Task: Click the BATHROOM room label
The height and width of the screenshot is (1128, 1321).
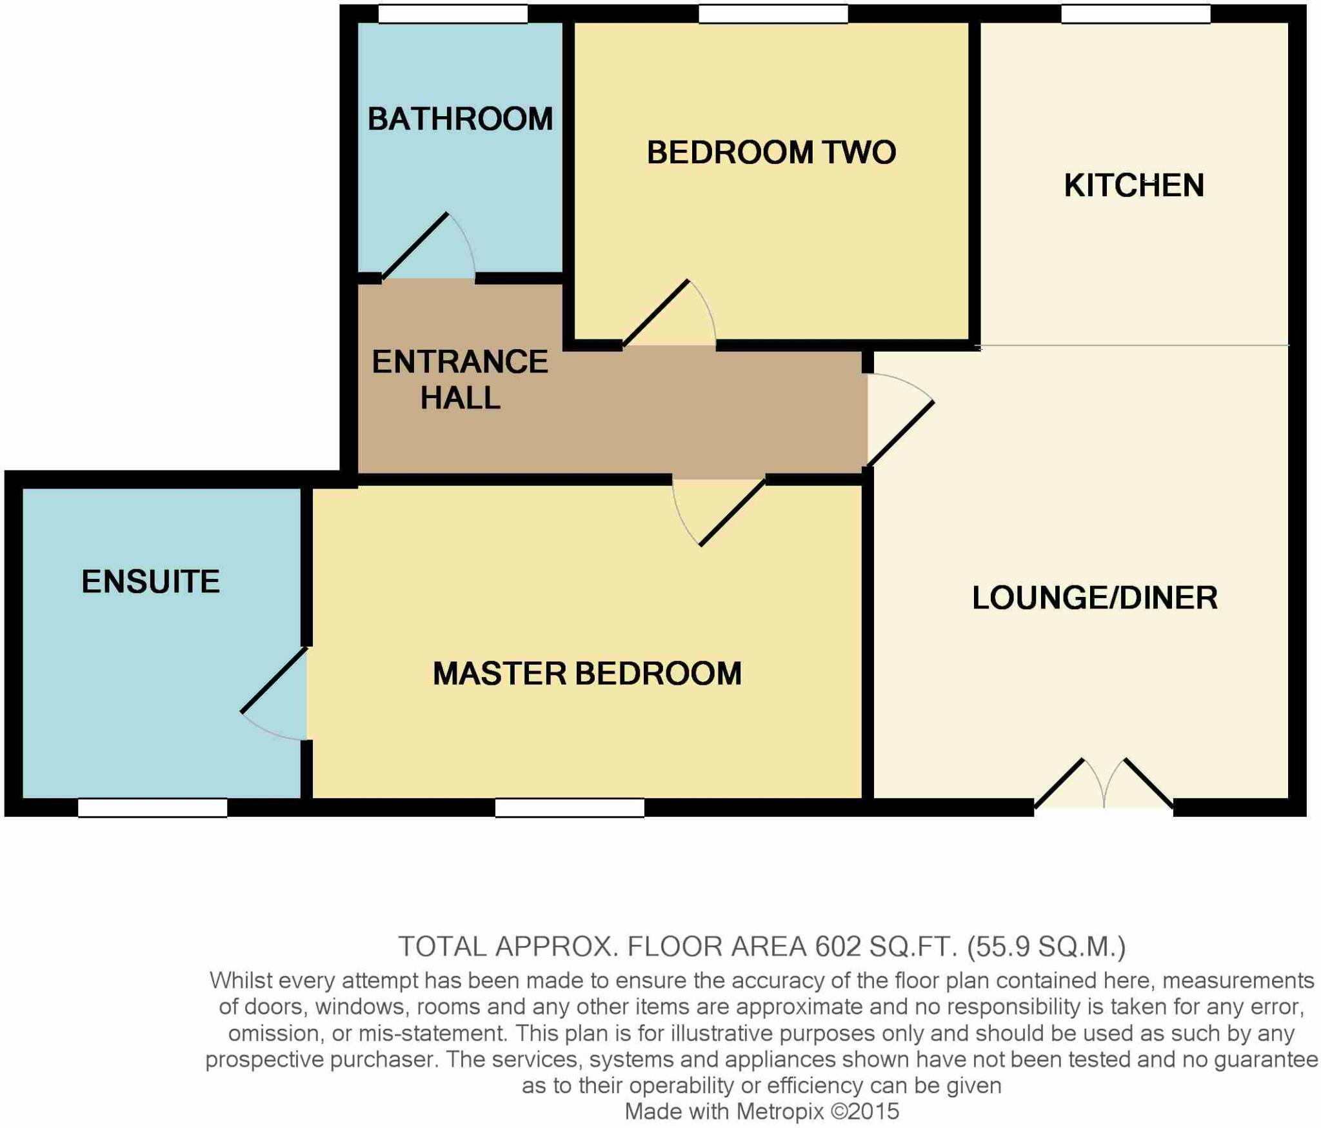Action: [x=460, y=119]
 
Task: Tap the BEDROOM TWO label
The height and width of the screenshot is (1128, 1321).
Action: [x=771, y=153]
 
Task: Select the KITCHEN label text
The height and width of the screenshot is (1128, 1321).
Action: [x=1134, y=186]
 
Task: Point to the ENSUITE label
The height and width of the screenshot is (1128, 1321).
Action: [x=150, y=581]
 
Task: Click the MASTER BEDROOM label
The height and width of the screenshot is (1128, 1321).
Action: [x=587, y=674]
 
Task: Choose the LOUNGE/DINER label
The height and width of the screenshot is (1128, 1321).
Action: [x=1095, y=598]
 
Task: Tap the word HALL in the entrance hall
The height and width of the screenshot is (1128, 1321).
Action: [x=460, y=398]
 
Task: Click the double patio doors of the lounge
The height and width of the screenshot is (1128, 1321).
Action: [x=1104, y=784]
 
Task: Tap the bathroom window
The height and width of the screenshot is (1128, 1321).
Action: [x=452, y=14]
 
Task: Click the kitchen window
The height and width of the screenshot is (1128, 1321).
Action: [x=1135, y=14]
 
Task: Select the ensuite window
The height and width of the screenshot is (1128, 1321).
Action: [x=152, y=808]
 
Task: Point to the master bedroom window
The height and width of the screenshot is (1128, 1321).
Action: [x=570, y=808]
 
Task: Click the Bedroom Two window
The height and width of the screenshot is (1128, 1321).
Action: [x=773, y=14]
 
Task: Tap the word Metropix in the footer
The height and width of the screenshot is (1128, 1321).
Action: [x=780, y=1112]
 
